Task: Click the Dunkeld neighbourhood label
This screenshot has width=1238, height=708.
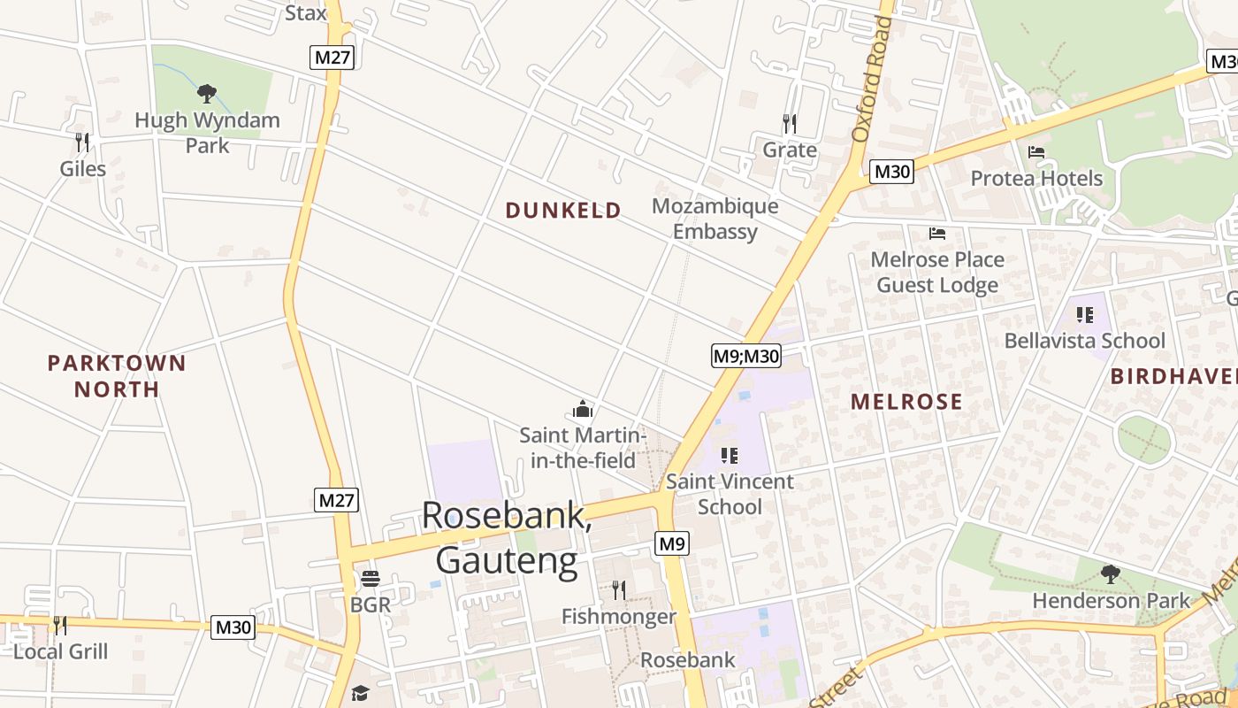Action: click(563, 211)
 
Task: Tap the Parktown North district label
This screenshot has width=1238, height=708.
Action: click(117, 376)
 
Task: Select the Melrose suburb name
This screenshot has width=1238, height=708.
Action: click(906, 402)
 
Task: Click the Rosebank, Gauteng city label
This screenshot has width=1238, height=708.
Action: click(507, 537)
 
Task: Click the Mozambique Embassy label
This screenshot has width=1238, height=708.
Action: click(715, 219)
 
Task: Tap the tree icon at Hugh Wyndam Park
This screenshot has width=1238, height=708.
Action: click(207, 93)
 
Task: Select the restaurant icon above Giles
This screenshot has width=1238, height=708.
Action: click(82, 142)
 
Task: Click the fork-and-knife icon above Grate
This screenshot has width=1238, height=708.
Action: click(790, 123)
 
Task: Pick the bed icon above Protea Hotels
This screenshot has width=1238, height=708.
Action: click(1037, 152)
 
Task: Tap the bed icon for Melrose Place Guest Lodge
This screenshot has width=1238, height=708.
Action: click(937, 234)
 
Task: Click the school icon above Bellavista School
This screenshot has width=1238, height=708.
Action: click(1085, 314)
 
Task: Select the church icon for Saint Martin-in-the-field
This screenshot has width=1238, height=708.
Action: click(582, 409)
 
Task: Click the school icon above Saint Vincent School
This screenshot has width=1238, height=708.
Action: click(730, 456)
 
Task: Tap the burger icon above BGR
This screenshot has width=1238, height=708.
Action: click(370, 580)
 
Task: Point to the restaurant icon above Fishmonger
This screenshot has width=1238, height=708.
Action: click(619, 589)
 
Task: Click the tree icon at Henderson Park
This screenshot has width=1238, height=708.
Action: click(1111, 574)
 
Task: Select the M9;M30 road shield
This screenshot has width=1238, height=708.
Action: click(746, 356)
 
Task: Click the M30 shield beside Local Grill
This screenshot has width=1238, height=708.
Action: click(233, 627)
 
